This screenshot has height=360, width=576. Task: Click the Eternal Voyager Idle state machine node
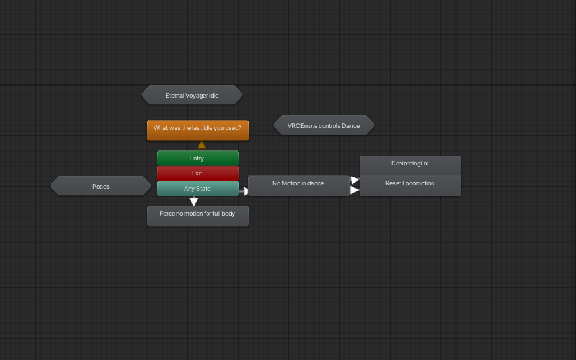tap(191, 95)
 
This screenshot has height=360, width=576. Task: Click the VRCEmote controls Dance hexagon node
tap(323, 125)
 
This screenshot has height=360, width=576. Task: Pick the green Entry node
tap(197, 158)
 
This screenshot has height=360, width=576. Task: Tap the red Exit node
tap(197, 173)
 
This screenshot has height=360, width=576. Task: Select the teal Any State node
tap(197, 189)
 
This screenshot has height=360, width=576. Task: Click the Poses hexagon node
tap(100, 186)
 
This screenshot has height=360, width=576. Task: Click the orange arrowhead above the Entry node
tap(201, 144)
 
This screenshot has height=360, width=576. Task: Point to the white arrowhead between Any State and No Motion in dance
tap(244, 191)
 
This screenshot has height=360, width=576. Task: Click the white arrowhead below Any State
tap(194, 202)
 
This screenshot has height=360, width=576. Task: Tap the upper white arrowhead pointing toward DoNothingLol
tap(355, 180)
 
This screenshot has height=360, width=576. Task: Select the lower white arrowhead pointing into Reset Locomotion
tap(355, 190)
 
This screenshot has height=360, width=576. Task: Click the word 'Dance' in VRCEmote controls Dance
tap(350, 125)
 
